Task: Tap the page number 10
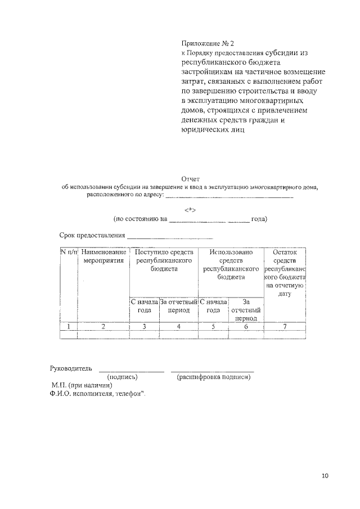325,475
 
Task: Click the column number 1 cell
69,326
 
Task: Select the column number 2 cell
103,326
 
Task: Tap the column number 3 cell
144,326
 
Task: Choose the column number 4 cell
178,326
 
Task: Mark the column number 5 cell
213,326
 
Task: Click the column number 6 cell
246,326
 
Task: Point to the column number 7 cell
284,326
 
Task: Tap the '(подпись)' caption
122,377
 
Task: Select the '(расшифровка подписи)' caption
213,377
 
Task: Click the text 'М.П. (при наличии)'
82,385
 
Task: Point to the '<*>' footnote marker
190,209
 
